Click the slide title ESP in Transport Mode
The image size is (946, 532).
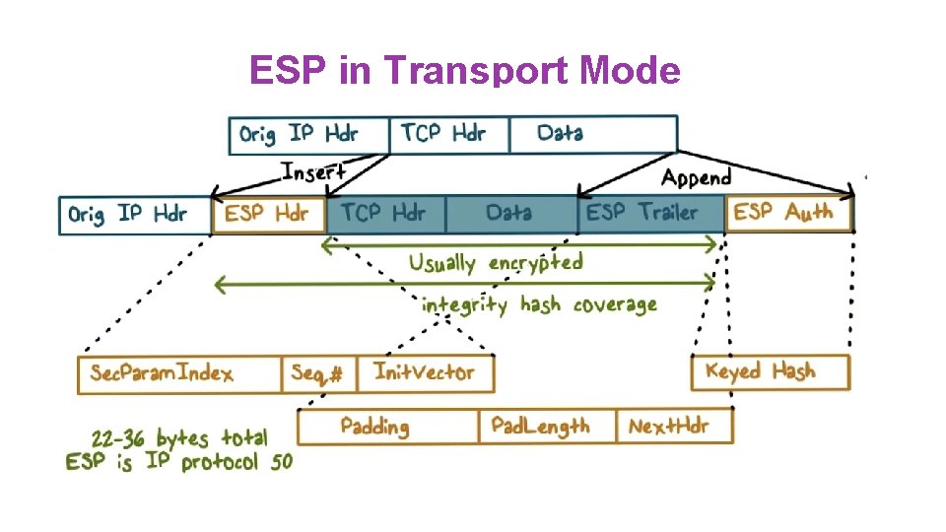tap(464, 71)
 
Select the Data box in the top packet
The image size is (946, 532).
tap(592, 134)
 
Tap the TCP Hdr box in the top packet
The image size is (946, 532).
tap(449, 134)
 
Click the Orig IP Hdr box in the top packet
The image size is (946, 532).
tap(308, 134)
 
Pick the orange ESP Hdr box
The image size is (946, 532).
tap(268, 214)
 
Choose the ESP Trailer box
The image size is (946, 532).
tap(649, 213)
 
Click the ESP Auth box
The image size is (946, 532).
tap(788, 213)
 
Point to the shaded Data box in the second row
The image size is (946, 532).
tap(510, 213)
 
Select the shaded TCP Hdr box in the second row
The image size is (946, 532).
tap(385, 213)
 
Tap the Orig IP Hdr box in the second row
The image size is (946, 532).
tap(135, 215)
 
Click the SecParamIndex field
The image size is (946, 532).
tap(179, 374)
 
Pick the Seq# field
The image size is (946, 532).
tap(319, 374)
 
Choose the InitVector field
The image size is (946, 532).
tap(426, 373)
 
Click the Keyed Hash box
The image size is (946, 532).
tap(770, 372)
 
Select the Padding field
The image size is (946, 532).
tap(386, 427)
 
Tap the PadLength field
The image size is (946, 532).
tap(547, 427)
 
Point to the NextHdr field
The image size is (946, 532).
tap(674, 427)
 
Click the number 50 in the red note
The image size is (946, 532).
tap(281, 462)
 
